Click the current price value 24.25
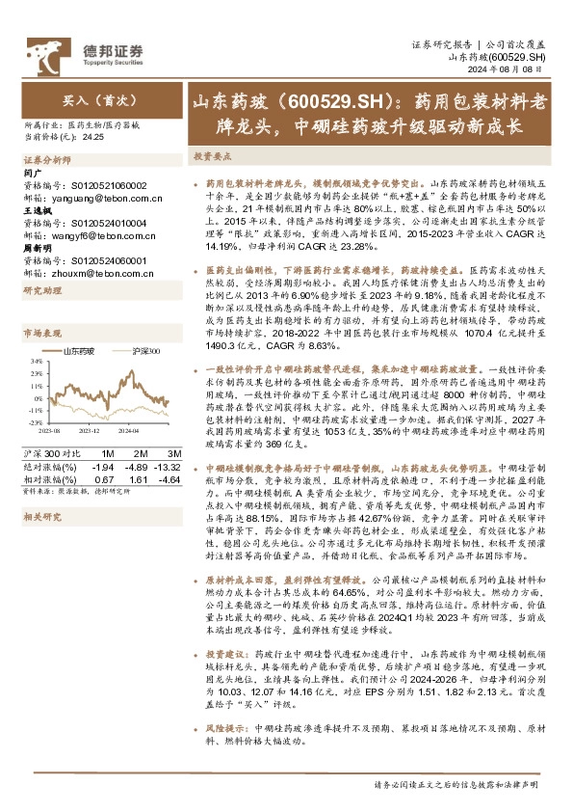point(93,138)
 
